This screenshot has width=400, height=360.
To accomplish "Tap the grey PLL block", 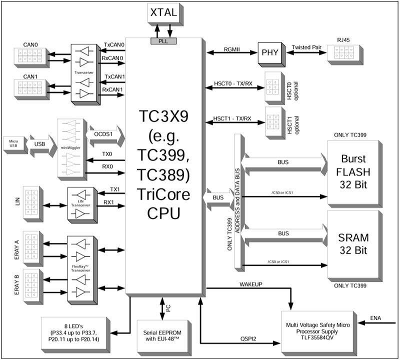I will pos(163,40).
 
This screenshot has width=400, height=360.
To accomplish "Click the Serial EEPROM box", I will pos(162,331).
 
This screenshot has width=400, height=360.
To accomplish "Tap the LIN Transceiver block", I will pos(80,204).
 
